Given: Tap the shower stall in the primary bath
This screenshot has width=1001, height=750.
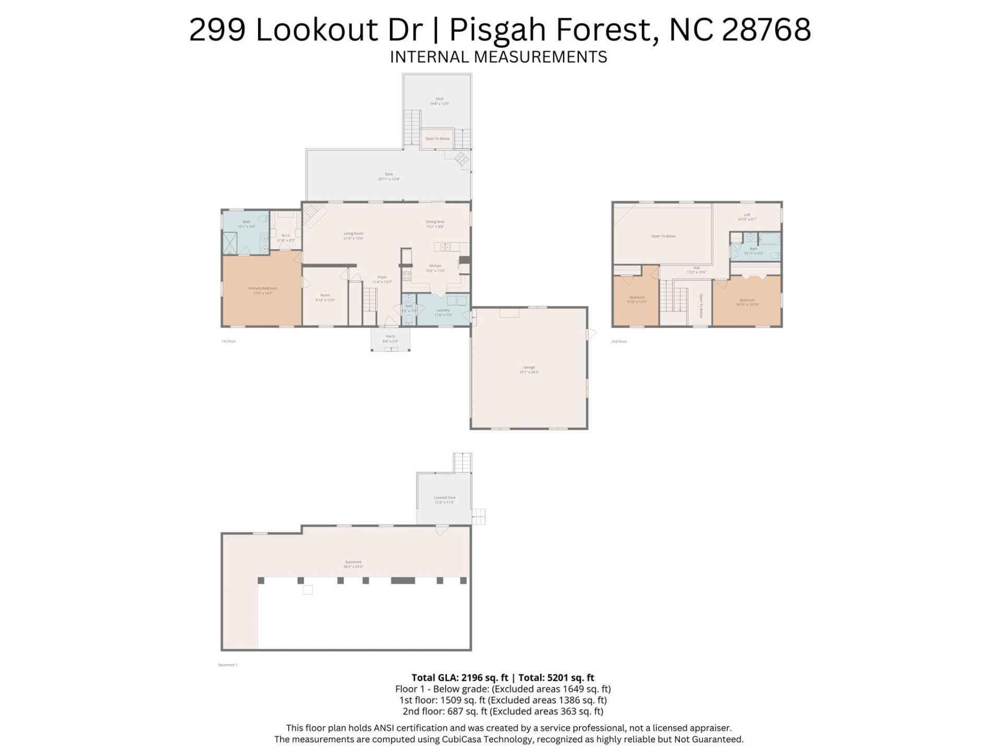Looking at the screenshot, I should click(x=230, y=243).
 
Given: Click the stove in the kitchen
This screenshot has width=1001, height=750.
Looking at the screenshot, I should click(x=407, y=276).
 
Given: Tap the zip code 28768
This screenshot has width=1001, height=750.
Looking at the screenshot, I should click(x=766, y=30).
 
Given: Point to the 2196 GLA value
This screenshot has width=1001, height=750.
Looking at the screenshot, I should click(x=472, y=678).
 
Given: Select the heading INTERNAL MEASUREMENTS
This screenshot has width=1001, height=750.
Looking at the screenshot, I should click(x=498, y=57).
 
